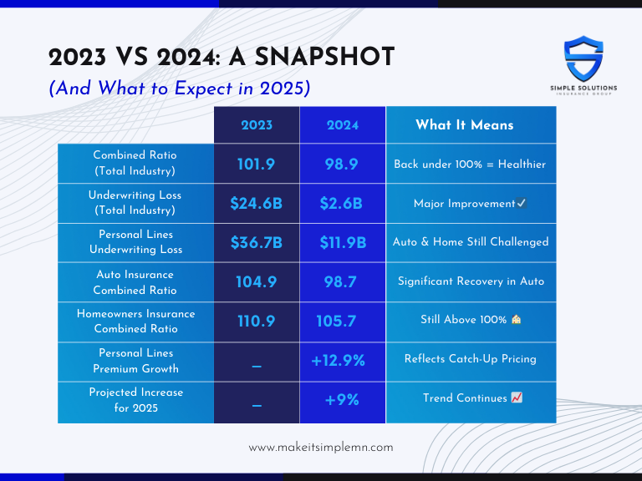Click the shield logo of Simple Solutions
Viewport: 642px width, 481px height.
583,58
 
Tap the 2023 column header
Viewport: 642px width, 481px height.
257,125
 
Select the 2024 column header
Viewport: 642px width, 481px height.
343,125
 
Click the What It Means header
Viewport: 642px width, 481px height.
464,124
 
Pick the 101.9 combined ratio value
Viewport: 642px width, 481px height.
257,165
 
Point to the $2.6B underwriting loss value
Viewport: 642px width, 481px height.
341,203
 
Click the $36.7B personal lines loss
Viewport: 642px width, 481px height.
257,242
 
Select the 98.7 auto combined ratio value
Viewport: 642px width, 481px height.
340,281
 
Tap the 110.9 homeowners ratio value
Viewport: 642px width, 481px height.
257,321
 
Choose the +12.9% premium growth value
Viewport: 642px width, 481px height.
339,361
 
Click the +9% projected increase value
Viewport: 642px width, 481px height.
342,400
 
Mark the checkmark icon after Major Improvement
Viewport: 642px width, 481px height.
522,203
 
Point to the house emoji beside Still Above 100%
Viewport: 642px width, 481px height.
517,320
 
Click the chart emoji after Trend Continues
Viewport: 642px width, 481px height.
517,397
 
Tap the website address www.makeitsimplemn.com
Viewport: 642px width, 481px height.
321,448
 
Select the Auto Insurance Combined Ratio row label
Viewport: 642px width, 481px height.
135,282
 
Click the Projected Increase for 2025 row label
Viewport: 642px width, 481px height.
136,400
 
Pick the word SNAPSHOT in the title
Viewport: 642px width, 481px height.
324,57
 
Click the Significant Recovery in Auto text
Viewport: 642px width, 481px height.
471,281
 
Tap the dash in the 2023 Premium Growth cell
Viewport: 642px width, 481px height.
257,366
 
